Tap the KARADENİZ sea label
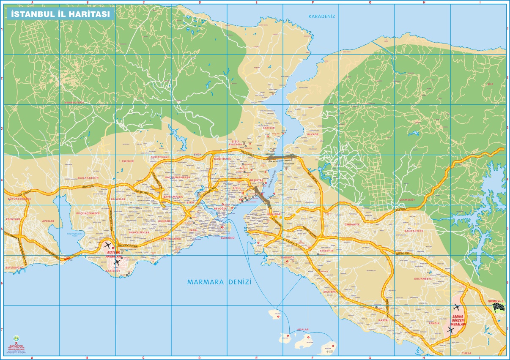click(x=321, y=16)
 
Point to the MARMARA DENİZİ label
click(x=219, y=282)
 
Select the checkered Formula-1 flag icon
click(x=499, y=307)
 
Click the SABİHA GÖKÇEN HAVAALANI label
click(x=458, y=320)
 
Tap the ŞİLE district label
click(x=491, y=84)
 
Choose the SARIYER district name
click(x=269, y=127)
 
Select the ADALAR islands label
click(x=303, y=329)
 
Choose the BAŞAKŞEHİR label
click(x=88, y=178)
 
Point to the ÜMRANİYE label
click(x=351, y=224)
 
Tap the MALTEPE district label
click(x=329, y=291)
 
